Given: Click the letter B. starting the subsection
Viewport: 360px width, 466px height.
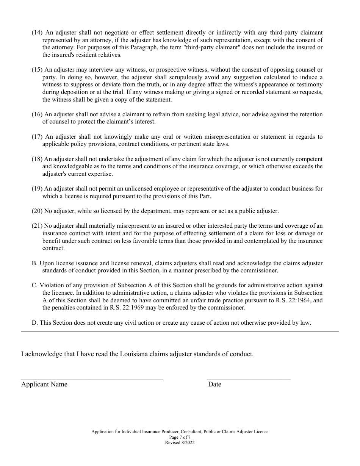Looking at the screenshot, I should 34,263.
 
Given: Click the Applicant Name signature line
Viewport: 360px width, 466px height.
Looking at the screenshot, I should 92,378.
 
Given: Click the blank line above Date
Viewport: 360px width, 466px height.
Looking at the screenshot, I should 249,378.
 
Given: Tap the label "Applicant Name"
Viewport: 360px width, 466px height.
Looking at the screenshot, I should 44,385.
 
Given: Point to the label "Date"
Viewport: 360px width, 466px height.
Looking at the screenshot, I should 214,385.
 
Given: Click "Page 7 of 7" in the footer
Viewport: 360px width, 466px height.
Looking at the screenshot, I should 180,437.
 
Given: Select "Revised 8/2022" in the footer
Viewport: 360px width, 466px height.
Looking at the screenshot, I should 180,442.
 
